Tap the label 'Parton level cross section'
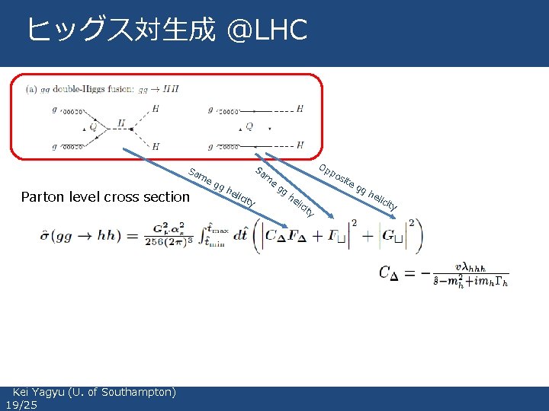tap(106, 197)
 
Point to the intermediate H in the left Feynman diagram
tap(121, 122)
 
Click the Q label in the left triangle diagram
tap(93, 127)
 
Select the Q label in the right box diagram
tap(249, 126)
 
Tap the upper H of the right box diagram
tap(300, 109)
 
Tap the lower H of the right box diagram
tap(300, 145)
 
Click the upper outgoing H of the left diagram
tap(156, 109)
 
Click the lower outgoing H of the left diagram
tap(156, 145)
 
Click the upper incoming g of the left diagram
tap(54, 110)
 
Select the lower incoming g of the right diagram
tap(210, 145)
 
